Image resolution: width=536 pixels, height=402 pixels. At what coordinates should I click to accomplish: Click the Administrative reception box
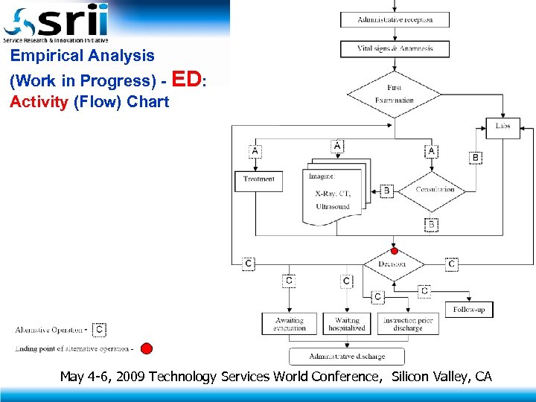point(395,19)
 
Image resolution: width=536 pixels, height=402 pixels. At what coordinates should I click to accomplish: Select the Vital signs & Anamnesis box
point(395,49)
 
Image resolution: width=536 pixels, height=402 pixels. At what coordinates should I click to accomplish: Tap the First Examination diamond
point(395,94)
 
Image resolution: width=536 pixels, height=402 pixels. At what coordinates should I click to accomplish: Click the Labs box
point(503,127)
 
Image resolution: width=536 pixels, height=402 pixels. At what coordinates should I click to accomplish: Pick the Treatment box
point(259,180)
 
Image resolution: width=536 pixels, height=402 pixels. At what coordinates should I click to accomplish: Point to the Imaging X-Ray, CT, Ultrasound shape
point(332,195)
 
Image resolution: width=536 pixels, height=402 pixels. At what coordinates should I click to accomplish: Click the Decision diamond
point(393,264)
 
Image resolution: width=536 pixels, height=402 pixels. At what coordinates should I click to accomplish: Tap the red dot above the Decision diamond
point(395,251)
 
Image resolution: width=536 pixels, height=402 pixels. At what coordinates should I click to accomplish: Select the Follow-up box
point(469,309)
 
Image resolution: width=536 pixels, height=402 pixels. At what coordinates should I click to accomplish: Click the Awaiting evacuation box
point(289,324)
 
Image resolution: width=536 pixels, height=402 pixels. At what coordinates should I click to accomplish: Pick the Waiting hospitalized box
point(347,324)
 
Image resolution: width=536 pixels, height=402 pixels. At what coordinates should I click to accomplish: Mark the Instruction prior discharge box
point(407,324)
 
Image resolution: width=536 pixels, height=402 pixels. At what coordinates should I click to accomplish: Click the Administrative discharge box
point(347,357)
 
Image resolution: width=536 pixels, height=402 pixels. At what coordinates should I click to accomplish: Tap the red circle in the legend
point(147,348)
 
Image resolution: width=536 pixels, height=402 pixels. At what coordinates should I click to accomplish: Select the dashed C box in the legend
point(100,329)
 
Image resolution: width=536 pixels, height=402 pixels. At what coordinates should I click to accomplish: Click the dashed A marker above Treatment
point(255,151)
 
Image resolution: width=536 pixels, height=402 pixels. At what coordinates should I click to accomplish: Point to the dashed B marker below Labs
point(475,158)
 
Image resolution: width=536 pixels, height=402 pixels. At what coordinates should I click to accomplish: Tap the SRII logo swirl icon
point(18,22)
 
